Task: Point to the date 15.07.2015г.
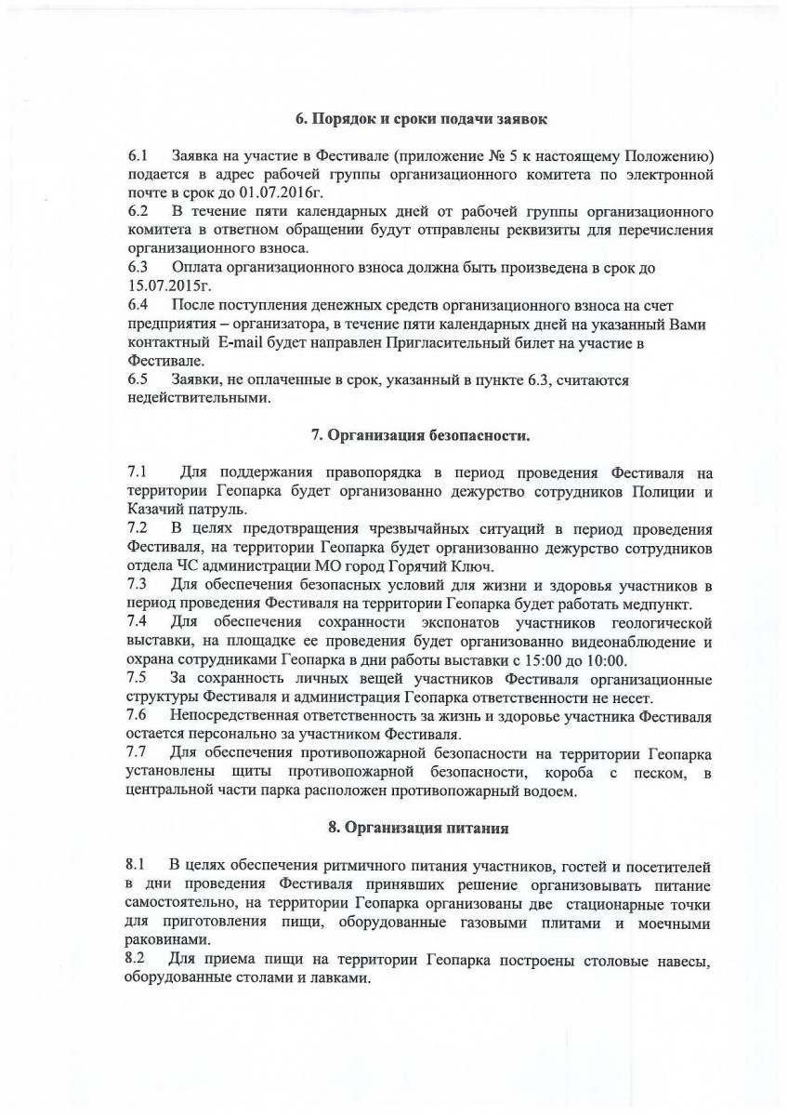164,286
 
